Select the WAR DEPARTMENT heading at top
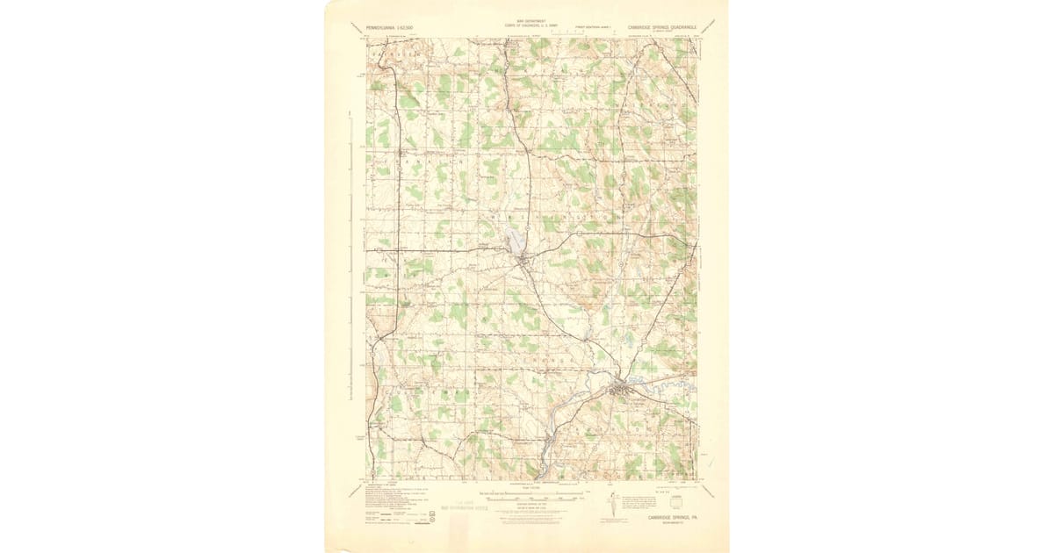[x=525, y=20]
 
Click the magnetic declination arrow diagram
[x=612, y=507]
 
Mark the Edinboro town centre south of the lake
[x=523, y=261]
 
